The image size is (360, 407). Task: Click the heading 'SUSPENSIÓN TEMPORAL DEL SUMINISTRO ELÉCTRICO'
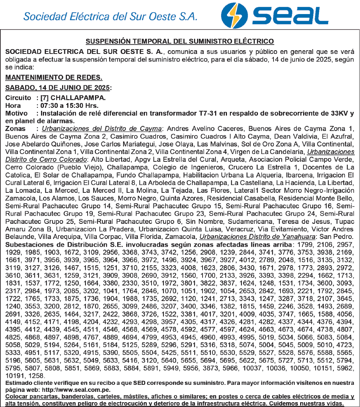tap(180, 41)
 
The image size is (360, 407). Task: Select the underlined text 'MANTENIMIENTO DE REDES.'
tap(54, 78)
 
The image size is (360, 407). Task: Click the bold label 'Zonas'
tap(16, 129)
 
